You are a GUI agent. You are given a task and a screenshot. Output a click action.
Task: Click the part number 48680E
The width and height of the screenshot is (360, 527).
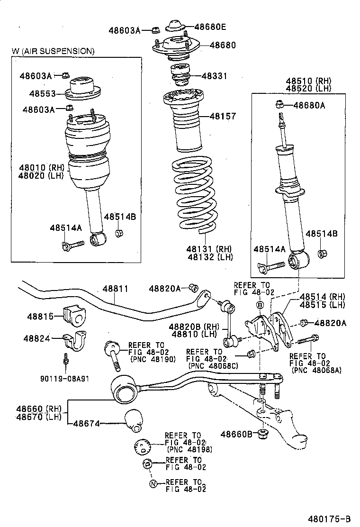coord(210,27)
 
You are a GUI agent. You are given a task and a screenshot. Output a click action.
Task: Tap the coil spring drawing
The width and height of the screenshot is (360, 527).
coord(194,194)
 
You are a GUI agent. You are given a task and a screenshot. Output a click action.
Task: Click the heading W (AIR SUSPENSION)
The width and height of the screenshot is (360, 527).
coord(53,51)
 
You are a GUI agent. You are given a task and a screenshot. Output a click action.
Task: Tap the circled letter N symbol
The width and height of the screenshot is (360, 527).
coord(153,484)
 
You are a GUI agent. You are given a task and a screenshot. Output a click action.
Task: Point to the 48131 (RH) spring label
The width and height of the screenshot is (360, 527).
coord(208,249)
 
